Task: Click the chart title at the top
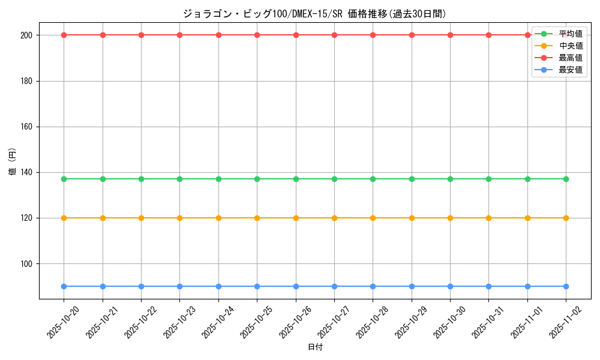pos(314,14)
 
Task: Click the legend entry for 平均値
pos(570,34)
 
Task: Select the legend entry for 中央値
pos(570,46)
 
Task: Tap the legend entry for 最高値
pos(570,58)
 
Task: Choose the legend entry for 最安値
pos(570,70)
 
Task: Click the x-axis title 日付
pos(314,347)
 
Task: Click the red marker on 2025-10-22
pos(141,35)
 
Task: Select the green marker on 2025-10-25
pos(257,179)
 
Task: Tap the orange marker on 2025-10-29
pos(412,218)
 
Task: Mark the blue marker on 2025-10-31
pos(488,286)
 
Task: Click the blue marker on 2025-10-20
pos(64,286)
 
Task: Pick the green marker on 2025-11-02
pos(566,179)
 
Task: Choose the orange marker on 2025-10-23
pos(179,218)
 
